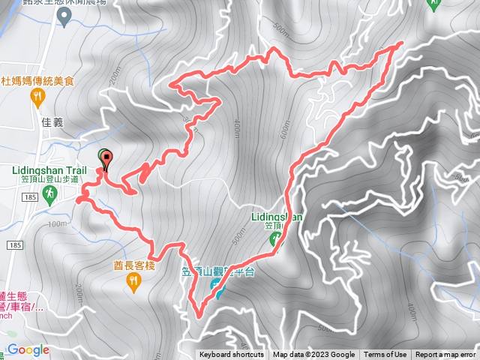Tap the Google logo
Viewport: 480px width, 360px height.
pos(28,349)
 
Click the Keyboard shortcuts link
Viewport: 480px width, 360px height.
pos(231,355)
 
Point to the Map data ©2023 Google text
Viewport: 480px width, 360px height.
pos(313,355)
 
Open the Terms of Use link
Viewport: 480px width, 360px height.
pos(385,355)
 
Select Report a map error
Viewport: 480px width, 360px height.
pos(445,355)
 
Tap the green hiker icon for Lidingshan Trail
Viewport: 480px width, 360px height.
pos(49,194)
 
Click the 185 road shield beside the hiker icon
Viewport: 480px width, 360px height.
pos(29,196)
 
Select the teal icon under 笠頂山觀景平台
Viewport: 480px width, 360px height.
pos(217,289)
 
